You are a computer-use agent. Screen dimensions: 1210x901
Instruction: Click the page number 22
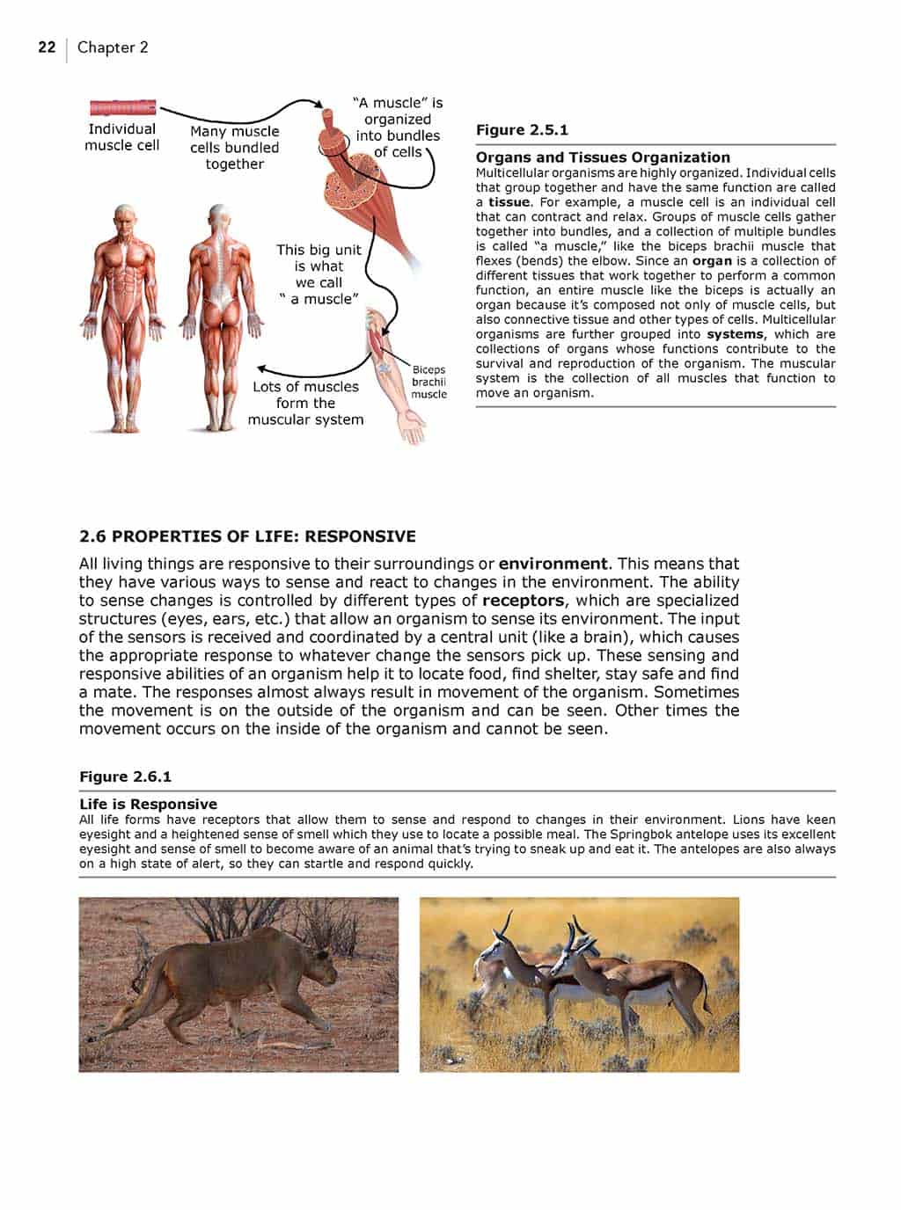point(47,47)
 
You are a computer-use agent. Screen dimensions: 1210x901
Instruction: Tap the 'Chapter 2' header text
point(113,47)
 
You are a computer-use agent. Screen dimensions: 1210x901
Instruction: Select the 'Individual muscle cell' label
point(121,137)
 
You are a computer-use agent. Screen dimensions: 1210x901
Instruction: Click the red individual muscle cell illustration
point(123,108)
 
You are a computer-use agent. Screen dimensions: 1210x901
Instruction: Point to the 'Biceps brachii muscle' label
point(429,383)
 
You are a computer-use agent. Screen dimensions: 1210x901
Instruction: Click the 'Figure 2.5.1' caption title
point(522,130)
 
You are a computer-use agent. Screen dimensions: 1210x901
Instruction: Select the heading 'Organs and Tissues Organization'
point(603,157)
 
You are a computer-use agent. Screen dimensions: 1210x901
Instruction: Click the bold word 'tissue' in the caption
point(509,202)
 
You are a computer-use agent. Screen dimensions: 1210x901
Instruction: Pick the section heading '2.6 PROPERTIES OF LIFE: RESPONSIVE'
point(247,536)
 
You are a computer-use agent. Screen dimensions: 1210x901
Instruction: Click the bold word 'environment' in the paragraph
point(553,564)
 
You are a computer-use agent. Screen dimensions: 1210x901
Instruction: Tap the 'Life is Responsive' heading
point(148,804)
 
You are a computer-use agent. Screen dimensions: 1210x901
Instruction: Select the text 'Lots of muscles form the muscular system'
point(305,404)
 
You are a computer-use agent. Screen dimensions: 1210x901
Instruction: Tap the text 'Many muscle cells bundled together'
point(234,148)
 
